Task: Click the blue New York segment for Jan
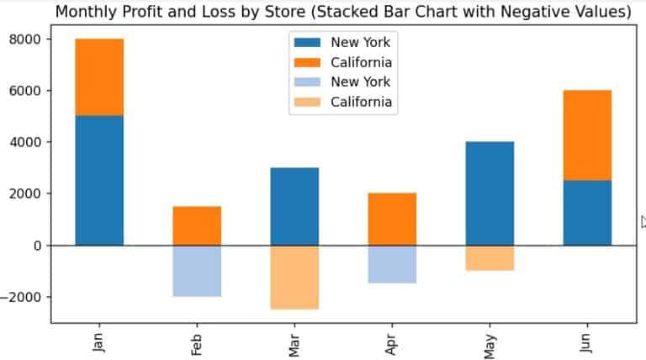point(99,180)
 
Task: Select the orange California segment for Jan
point(99,77)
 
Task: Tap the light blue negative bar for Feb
point(197,271)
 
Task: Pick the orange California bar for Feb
point(197,225)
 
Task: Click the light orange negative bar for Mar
point(294,278)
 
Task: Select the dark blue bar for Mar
point(294,206)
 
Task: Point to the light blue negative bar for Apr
point(392,264)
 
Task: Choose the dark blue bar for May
point(490,193)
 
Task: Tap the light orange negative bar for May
point(490,258)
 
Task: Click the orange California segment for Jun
point(587,135)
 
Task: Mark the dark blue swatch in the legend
point(308,43)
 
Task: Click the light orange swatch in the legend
point(308,102)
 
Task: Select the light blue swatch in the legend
point(308,82)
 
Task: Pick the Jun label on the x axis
point(587,342)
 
